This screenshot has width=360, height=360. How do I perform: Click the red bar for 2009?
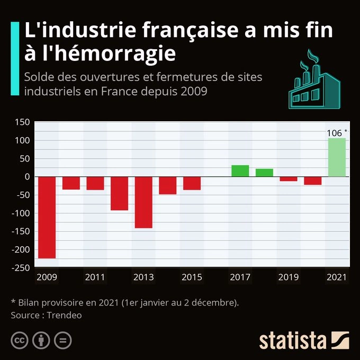point(47,217)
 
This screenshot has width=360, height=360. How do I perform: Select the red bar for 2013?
point(143,202)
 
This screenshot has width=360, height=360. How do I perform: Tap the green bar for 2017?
point(240,171)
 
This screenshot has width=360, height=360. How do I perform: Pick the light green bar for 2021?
point(337,157)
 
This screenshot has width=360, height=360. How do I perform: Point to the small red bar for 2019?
point(289,179)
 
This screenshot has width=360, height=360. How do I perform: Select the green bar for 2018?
point(264,173)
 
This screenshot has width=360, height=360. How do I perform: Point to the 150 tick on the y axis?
point(22,122)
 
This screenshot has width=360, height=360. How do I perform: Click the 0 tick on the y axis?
point(26,177)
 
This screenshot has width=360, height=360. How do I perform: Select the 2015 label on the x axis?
point(192,277)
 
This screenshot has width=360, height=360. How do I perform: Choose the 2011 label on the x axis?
point(95,277)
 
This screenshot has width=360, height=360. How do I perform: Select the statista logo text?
point(292,340)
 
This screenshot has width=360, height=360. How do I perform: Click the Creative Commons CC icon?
point(20,340)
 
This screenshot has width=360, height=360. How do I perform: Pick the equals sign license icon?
point(62,340)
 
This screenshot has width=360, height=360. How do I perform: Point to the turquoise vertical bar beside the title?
point(15,58)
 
